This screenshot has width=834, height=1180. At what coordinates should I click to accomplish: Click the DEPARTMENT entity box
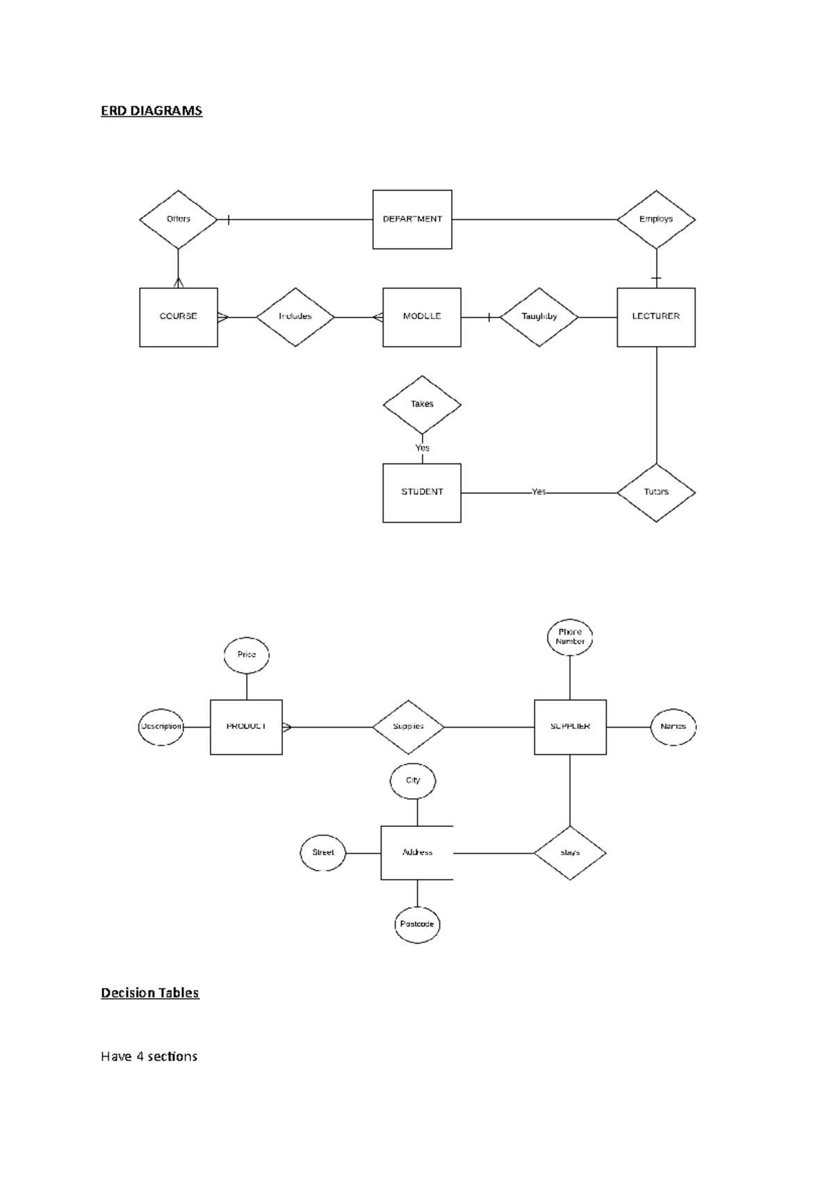[x=412, y=219]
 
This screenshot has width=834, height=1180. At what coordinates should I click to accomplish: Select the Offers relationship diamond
[x=178, y=219]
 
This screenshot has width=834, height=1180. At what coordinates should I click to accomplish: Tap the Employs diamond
[x=655, y=219]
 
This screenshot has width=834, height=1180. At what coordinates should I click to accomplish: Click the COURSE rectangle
[x=178, y=317]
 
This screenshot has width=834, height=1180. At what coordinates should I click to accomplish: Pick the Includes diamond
[x=295, y=317]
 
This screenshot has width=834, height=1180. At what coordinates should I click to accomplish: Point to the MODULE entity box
[x=422, y=317]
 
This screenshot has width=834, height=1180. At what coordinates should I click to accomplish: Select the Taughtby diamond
[x=539, y=317]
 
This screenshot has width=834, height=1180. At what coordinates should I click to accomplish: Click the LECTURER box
[x=655, y=317]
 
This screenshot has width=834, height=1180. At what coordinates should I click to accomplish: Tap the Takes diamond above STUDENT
[x=422, y=404]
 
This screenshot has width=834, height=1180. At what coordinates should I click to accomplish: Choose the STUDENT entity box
[x=422, y=492]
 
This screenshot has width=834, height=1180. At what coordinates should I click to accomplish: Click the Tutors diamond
[x=655, y=492]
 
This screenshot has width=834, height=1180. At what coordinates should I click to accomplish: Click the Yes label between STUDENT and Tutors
[x=539, y=492]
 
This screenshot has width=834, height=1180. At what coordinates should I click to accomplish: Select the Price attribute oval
[x=247, y=655]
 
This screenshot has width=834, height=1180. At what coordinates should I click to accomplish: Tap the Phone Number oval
[x=570, y=637]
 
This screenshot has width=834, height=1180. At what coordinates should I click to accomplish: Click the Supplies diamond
[x=408, y=727]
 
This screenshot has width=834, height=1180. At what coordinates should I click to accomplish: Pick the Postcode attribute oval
[x=417, y=924]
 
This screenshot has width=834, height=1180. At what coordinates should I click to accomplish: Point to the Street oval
[x=322, y=853]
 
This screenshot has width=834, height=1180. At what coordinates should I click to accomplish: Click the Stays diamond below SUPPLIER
[x=570, y=853]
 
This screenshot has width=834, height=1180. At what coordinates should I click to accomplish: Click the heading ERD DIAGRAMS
[x=152, y=110]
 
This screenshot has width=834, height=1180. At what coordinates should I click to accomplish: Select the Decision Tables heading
[x=150, y=992]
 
